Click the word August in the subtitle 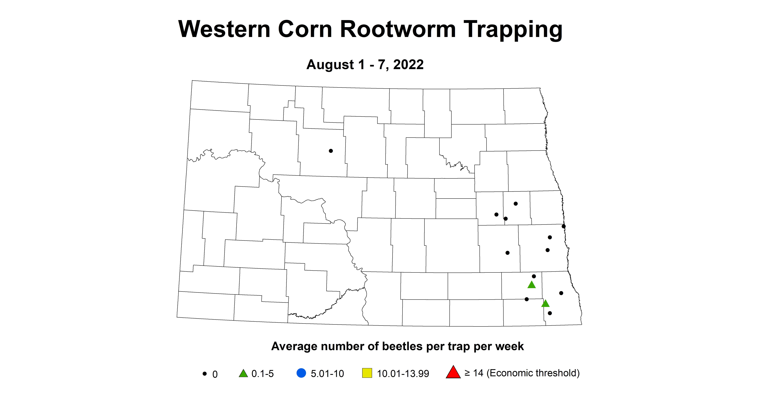pos(330,65)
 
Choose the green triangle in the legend pos(243,373)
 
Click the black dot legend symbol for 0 pos(204,374)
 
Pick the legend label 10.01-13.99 pos(403,374)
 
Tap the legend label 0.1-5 pos(262,374)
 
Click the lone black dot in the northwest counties pos(331,151)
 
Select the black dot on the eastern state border pos(564,226)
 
